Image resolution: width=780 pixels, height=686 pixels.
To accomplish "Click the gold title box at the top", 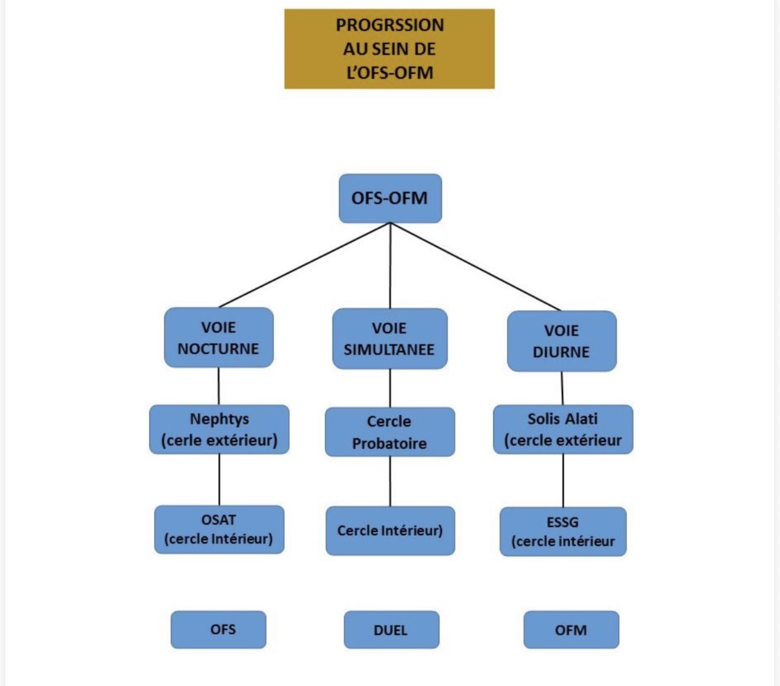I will coord(389,49).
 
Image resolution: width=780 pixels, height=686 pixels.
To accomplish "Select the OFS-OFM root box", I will coord(390,198).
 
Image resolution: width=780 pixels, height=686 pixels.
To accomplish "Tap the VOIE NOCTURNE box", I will coord(219,337).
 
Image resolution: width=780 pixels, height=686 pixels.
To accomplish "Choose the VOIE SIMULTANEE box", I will coord(389,339).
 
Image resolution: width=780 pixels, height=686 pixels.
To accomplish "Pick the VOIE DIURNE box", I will coord(561,341).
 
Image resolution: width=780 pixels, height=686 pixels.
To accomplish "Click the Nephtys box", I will coord(219,430).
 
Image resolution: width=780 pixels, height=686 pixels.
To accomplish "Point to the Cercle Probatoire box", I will coord(389,432).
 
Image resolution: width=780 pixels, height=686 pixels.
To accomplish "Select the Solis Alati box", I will coord(563,430).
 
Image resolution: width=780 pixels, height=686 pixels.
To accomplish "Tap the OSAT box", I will coord(219,529).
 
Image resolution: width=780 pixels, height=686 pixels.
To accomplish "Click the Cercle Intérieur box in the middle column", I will coord(390,531).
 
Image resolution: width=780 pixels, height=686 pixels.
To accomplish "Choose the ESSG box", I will coord(563,531).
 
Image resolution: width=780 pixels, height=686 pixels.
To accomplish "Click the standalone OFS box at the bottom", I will coord(219,629).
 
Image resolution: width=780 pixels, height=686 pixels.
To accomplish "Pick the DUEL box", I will coord(391,630).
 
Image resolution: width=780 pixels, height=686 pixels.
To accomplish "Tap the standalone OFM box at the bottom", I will coord(571,630).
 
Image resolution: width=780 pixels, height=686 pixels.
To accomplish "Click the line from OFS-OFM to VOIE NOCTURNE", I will coord(304,265).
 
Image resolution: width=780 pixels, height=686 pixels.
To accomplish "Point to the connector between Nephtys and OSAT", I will coord(219,479).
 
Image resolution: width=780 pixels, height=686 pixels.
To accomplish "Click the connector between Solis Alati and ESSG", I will coord(563,480).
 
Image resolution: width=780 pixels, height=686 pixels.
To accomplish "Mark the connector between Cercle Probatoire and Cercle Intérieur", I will coord(390,481).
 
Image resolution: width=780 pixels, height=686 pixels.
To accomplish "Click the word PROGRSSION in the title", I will coord(389,25).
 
